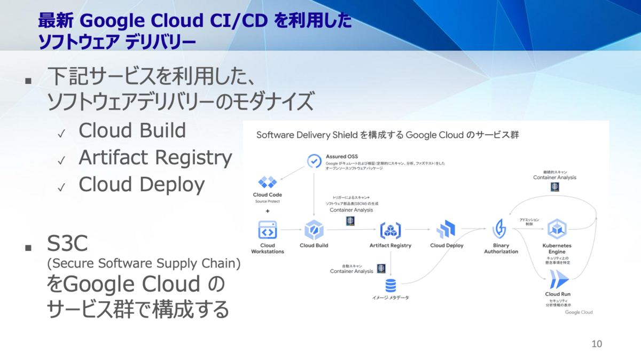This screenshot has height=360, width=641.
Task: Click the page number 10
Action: (x=597, y=344)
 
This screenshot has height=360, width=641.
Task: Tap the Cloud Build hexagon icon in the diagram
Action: (x=314, y=230)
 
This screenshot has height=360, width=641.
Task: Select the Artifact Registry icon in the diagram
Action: (x=390, y=230)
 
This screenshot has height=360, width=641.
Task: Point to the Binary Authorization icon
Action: (x=501, y=230)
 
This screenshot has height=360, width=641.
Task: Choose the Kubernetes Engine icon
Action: (x=557, y=229)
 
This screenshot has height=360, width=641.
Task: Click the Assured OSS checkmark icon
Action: (x=314, y=160)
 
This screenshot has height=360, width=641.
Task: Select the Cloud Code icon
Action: (x=267, y=182)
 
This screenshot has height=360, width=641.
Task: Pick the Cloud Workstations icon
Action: (x=268, y=230)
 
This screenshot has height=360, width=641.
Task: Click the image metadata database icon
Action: (x=391, y=284)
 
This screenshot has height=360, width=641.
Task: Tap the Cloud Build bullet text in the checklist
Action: (x=132, y=130)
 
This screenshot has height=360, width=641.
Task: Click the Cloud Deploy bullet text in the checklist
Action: (x=142, y=184)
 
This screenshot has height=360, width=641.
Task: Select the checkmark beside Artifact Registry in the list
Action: (x=62, y=159)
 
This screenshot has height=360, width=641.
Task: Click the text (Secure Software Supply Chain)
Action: (x=144, y=263)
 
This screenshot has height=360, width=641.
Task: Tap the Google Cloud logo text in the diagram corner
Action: (x=579, y=312)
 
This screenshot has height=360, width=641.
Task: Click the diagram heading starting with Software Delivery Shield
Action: (x=388, y=135)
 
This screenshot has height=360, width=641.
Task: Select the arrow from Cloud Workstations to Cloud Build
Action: (x=291, y=230)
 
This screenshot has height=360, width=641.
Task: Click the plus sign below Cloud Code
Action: (x=268, y=211)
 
